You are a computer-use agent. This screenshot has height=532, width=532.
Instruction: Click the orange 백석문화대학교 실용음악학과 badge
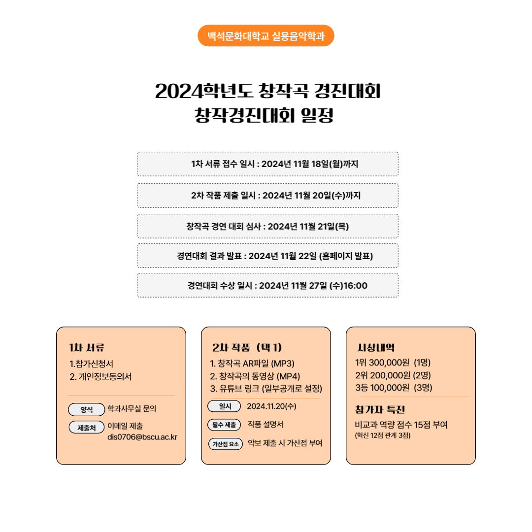point(266,35)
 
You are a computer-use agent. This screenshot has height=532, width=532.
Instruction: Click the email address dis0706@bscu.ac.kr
point(142,437)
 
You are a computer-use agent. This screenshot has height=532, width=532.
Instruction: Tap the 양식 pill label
point(87,409)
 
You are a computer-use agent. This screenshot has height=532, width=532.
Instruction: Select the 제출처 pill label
point(87,428)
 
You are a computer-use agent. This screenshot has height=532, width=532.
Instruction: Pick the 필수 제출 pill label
point(224,425)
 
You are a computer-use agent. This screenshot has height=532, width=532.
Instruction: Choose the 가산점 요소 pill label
point(226,444)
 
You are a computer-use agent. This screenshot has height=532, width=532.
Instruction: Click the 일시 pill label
point(224,406)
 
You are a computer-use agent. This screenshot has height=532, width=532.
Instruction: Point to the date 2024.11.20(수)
point(271,406)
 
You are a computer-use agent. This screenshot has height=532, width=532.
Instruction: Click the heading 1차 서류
point(87,347)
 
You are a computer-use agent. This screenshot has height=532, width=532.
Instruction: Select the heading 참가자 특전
point(380,409)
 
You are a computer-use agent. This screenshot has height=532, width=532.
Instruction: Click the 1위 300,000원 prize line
point(393,363)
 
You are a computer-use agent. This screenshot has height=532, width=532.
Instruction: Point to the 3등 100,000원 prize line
point(394,388)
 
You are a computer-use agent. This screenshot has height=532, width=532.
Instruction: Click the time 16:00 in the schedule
point(355,286)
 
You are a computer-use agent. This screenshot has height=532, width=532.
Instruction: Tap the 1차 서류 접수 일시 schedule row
point(267,164)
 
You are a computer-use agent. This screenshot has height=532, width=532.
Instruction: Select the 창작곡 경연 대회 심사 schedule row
point(267,226)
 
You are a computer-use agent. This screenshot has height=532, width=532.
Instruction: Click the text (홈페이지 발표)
point(346,256)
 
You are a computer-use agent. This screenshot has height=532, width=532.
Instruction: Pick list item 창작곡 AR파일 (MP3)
point(252,364)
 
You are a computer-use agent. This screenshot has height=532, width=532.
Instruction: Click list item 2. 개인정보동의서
point(100,377)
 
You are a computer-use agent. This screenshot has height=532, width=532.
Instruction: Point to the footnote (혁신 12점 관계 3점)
point(383,435)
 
